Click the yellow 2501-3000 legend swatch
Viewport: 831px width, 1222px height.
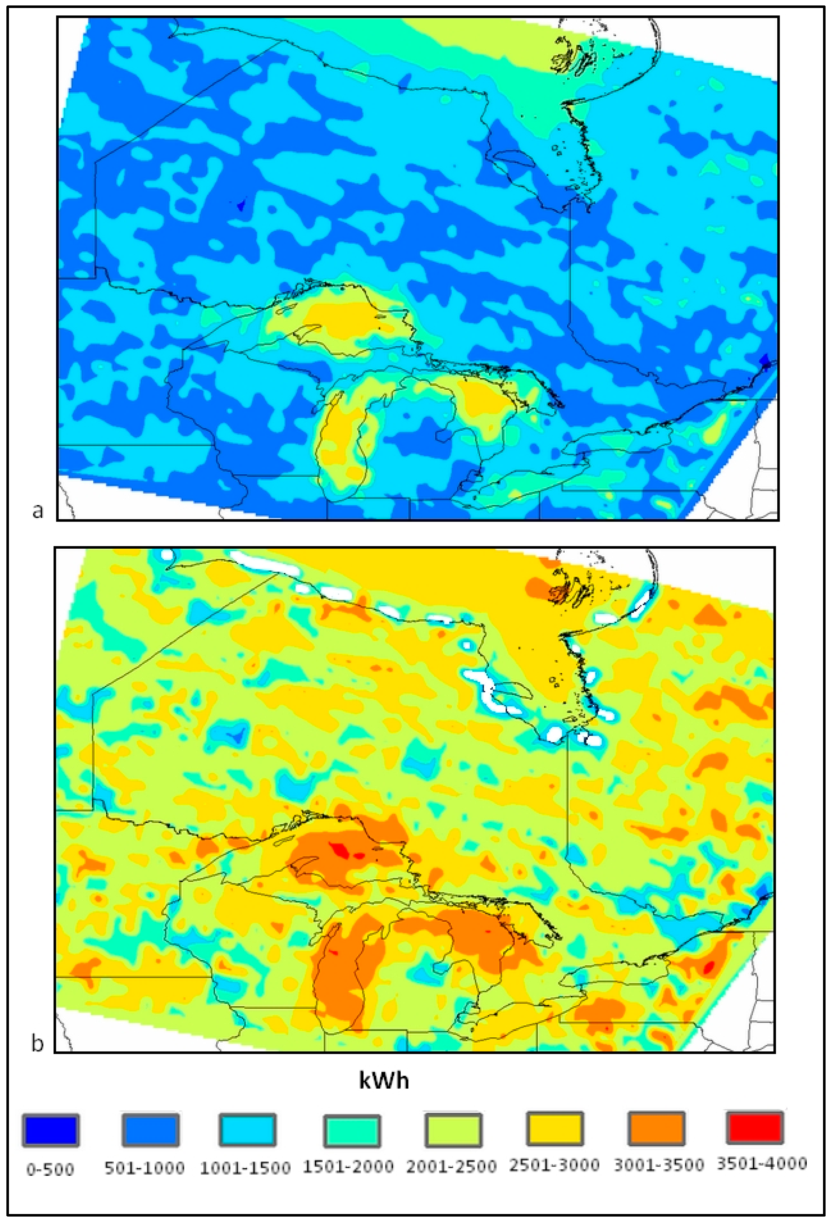[554, 1128]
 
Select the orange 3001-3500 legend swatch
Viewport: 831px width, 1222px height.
[656, 1128]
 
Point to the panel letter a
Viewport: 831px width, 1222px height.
[37, 510]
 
